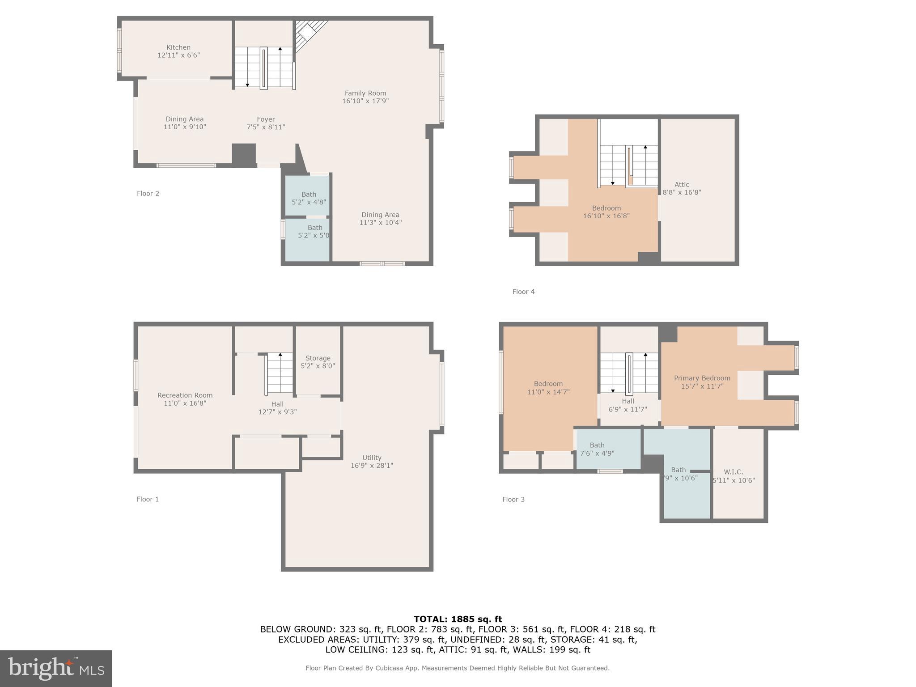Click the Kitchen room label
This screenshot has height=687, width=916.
[178, 47]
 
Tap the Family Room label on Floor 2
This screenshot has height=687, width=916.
[365, 93]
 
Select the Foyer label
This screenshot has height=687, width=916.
[266, 119]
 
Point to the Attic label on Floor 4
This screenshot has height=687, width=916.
[682, 185]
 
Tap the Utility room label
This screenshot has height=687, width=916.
[372, 458]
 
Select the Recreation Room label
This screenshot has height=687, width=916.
[185, 395]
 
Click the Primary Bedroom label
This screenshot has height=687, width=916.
[702, 378]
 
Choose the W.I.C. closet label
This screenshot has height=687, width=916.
[734, 472]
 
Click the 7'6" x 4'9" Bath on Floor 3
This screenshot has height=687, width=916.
[597, 449]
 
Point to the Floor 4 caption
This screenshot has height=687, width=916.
[523, 292]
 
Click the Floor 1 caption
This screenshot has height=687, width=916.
[148, 499]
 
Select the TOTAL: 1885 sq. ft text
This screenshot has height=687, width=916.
[458, 619]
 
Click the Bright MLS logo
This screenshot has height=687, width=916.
[56, 668]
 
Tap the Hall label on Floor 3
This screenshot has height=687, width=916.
[628, 401]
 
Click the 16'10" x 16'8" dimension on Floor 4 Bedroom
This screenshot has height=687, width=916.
[606, 216]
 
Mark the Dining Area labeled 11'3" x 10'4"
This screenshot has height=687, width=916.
[380, 218]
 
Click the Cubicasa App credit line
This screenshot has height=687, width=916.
[457, 668]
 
